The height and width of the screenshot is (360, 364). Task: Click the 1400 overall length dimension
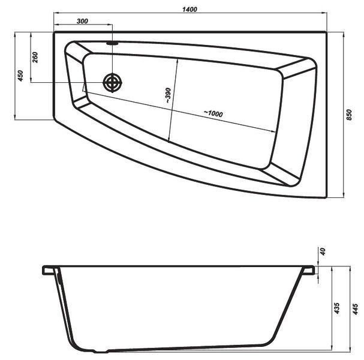pos(189,10)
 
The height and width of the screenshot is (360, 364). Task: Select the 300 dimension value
pos(82,21)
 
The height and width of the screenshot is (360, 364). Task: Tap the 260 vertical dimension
pos(35,58)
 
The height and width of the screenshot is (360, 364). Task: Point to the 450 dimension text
pos(20,76)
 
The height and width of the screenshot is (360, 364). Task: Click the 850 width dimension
pos(349,115)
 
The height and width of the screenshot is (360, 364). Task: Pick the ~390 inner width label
pos(168,95)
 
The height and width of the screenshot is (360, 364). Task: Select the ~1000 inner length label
pos(213,113)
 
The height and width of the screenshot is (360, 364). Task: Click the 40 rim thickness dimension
pos(323,251)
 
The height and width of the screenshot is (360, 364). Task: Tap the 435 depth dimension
pos(337,308)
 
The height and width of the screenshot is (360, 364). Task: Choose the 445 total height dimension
pos(356,309)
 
